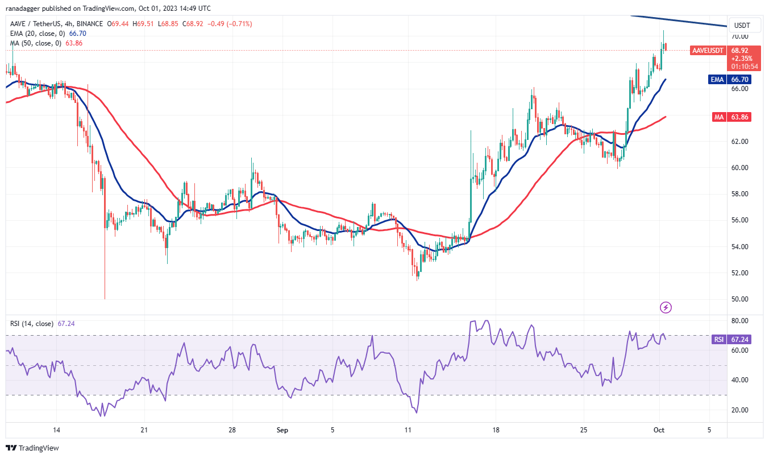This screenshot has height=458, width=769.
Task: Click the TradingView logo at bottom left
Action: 32,448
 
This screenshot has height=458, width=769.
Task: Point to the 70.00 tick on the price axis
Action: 740,36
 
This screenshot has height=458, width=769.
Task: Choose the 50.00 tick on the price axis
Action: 740,299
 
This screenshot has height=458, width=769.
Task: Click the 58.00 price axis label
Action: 740,194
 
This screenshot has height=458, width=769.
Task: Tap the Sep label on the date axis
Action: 282,430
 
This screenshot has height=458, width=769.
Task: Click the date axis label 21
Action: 144,430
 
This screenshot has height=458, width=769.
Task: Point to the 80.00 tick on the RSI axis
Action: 740,321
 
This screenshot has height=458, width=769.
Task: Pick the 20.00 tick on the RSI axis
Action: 740,410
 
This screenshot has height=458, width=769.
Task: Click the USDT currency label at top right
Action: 742,26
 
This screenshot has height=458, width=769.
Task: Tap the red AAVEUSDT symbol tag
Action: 708,51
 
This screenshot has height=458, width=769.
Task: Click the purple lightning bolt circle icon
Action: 666,308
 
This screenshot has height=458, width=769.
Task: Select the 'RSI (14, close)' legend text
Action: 31,324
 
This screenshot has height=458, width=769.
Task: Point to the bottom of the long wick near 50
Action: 105,298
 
